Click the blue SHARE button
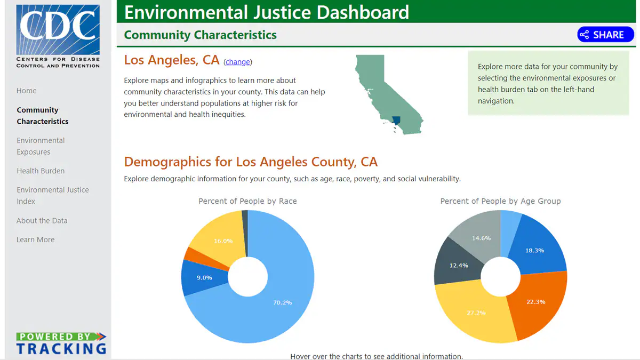tap(605, 35)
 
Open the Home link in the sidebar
tap(27, 91)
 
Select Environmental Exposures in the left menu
tap(41, 146)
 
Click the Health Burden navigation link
tap(41, 171)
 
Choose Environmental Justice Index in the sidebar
tap(52, 195)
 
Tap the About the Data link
tap(42, 220)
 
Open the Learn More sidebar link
tap(35, 239)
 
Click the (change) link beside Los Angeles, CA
tap(237, 62)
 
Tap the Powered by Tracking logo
tap(61, 343)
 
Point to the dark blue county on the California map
tap(396, 120)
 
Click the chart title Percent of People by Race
tap(247, 201)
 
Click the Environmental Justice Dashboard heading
tap(267, 12)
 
